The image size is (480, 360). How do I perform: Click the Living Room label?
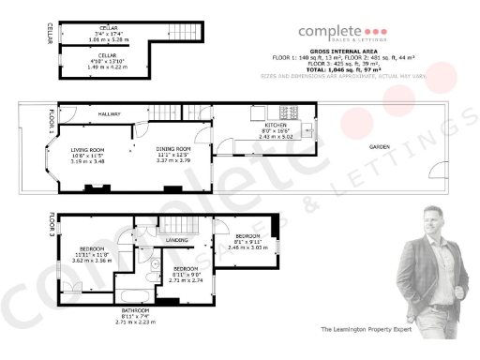[x=88, y=150]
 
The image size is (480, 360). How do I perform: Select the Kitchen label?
[x=275, y=124]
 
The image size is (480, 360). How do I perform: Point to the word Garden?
[x=379, y=148]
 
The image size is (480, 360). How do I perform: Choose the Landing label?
[x=176, y=240]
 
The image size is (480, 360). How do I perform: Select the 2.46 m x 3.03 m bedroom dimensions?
[x=247, y=247]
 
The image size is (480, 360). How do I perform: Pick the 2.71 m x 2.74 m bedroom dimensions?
[x=186, y=279]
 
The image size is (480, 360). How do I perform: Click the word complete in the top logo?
[x=329, y=31]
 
